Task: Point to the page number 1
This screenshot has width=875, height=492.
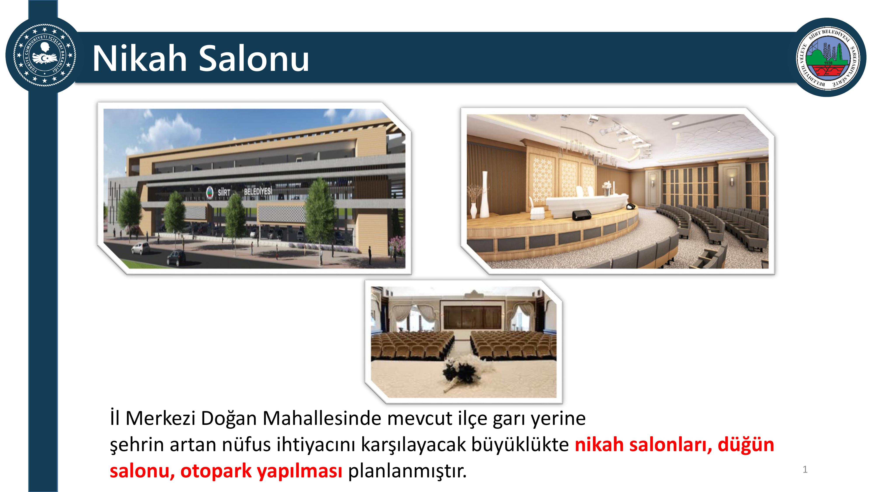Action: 805,470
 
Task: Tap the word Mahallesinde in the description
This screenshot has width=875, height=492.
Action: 322,418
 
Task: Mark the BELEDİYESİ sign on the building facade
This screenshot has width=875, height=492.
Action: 258,191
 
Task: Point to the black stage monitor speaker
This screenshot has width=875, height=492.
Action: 582,215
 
